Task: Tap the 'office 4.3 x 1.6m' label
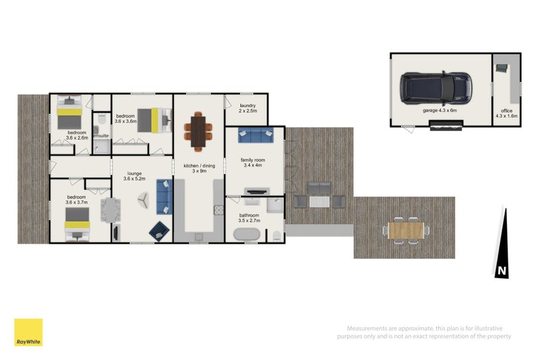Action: [506, 113]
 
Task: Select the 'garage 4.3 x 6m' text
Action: [439, 110]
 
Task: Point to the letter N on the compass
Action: [501, 271]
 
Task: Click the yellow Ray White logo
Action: [28, 332]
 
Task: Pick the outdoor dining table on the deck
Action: [408, 230]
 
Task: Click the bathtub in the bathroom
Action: [248, 235]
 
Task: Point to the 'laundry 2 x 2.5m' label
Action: [248, 108]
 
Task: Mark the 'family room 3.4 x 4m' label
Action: [254, 163]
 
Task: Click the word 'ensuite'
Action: [101, 136]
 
